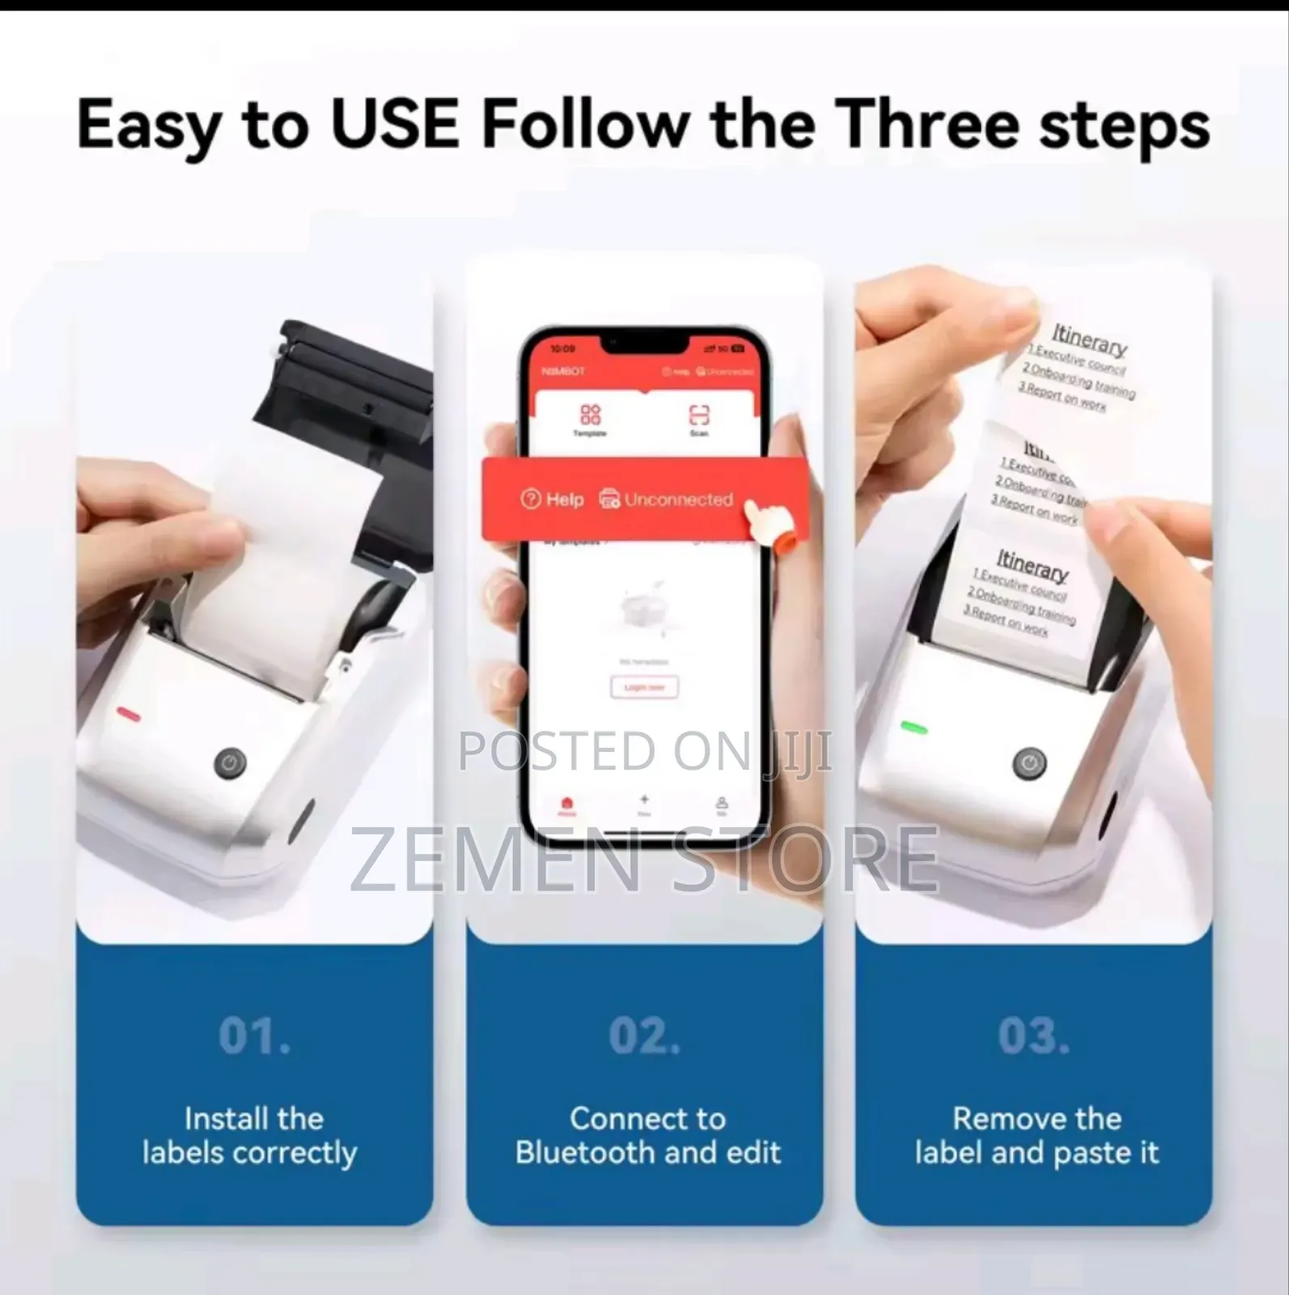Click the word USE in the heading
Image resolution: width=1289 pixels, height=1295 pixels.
[x=396, y=124]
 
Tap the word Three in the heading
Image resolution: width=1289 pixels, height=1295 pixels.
[x=927, y=124]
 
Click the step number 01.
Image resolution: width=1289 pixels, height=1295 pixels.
[x=254, y=1036]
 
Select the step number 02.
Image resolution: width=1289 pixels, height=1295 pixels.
[x=644, y=1036]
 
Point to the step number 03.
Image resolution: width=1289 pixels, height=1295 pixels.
[x=1033, y=1036]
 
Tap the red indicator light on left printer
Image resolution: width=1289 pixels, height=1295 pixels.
[x=129, y=714]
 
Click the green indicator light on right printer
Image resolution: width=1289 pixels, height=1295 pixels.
[x=914, y=728]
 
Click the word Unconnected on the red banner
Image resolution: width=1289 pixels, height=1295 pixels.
[x=678, y=499]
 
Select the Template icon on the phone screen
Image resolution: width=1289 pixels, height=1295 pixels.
[x=590, y=416]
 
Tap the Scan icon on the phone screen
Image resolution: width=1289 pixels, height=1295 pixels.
[x=699, y=416]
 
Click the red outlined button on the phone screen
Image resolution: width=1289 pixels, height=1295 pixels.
[x=644, y=687]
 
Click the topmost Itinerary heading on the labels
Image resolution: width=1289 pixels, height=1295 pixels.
[x=1089, y=340]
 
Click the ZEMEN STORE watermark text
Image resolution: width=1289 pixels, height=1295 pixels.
[x=644, y=858]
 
